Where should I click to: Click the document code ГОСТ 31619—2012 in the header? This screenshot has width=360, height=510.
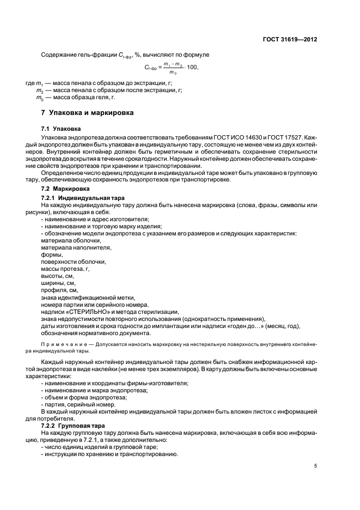[x=291, y=40]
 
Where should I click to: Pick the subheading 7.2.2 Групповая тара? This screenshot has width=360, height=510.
[x=74, y=425]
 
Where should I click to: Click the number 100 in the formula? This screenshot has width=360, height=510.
[x=191, y=68]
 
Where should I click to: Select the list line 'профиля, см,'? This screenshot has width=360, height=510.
[x=59, y=290]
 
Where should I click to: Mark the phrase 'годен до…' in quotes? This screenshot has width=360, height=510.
[x=234, y=326]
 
